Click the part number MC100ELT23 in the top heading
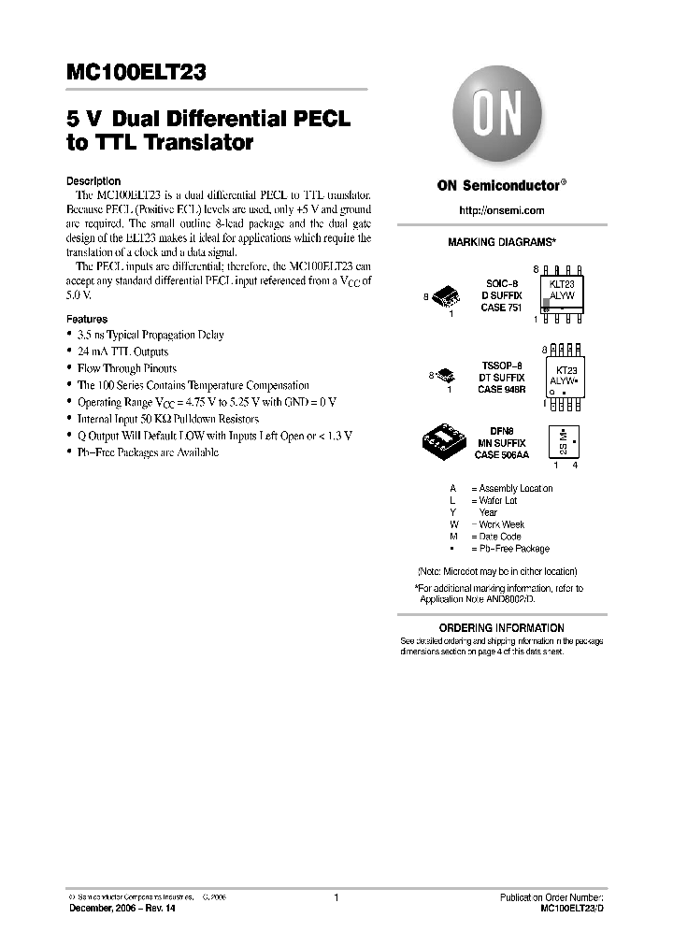[136, 72]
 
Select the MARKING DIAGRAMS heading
[502, 242]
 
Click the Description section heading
[93, 181]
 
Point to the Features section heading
[87, 320]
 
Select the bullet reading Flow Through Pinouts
[126, 368]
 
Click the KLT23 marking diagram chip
[561, 294]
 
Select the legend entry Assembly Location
[510, 488]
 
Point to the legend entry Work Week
[504, 524]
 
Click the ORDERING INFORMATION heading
[502, 627]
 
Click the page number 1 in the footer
[335, 897]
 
